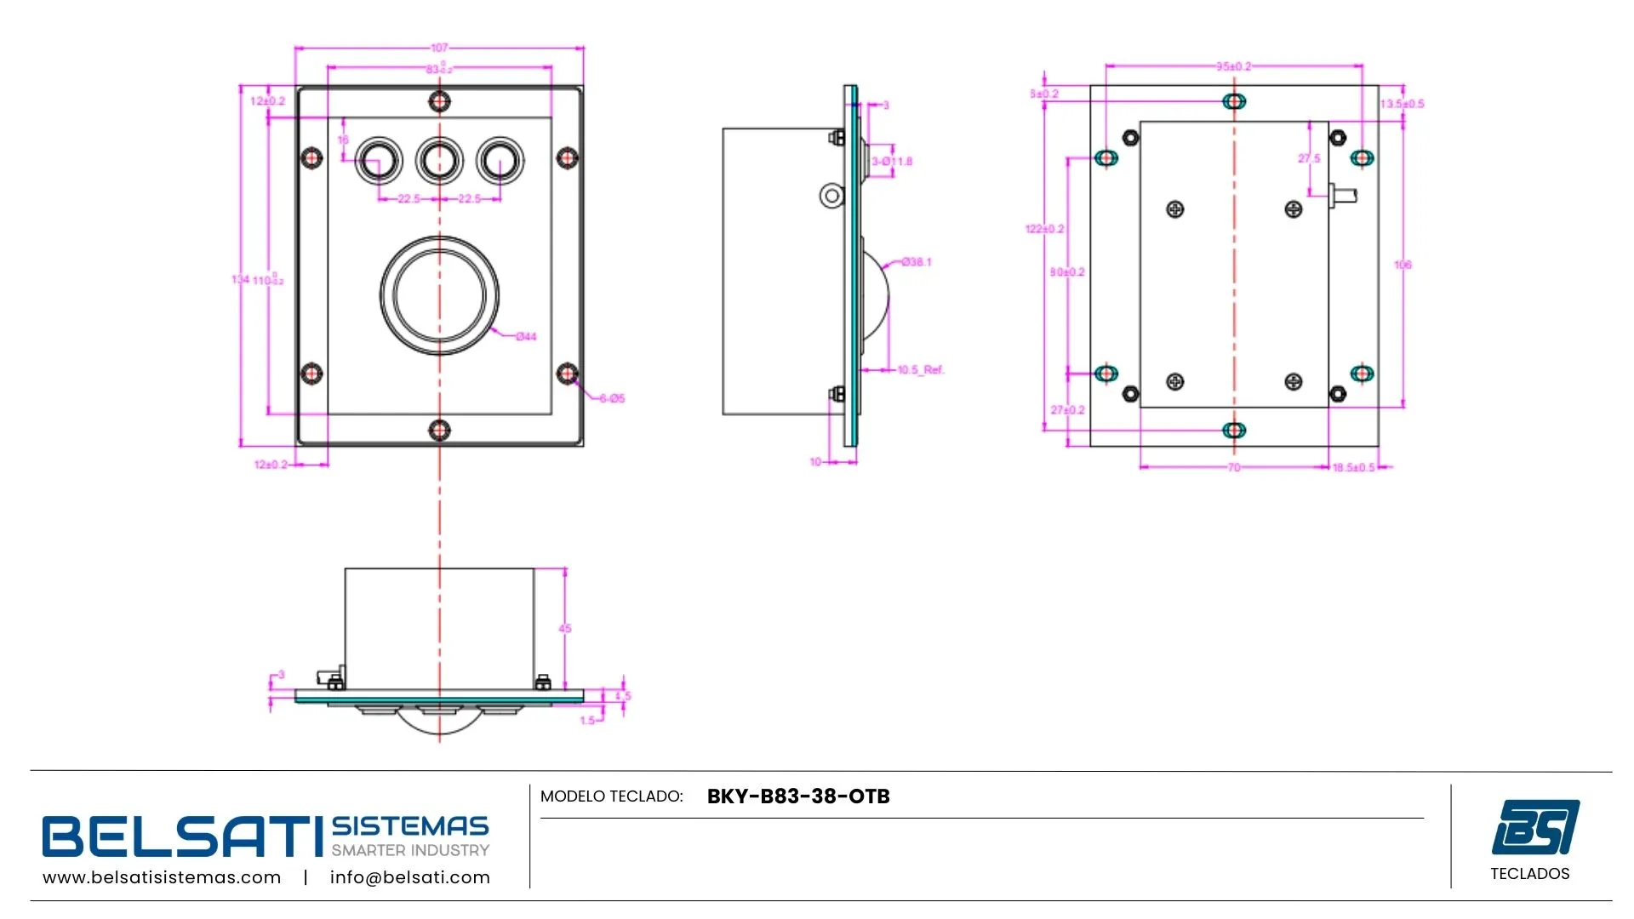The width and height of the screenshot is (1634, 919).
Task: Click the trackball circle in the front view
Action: [x=439, y=295]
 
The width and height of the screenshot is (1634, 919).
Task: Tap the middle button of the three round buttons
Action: [x=439, y=160]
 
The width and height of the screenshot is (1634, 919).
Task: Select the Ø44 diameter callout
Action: [x=527, y=336]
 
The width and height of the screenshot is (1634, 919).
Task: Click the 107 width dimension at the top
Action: [x=439, y=48]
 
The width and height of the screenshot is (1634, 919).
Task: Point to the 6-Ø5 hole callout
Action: [x=612, y=398]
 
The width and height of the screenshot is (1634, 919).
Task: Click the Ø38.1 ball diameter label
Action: [x=917, y=262]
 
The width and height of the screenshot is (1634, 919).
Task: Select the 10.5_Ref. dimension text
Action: [x=921, y=370]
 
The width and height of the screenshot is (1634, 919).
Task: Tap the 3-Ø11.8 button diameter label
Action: [x=892, y=162]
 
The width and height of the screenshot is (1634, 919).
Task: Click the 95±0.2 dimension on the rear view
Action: [x=1233, y=66]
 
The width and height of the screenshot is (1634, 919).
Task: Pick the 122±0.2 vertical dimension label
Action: [x=1044, y=229]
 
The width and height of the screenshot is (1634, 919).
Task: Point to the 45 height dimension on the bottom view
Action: [x=565, y=629]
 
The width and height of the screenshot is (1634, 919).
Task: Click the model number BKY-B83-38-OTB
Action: [x=798, y=796]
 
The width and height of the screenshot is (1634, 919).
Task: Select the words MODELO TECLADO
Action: [x=611, y=796]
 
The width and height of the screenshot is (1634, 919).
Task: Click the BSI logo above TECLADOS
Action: [x=1535, y=826]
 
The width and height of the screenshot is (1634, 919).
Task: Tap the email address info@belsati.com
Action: [x=409, y=877]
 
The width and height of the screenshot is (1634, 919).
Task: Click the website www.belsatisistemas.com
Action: [x=162, y=877]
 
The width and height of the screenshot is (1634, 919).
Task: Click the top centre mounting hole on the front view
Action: [x=439, y=102]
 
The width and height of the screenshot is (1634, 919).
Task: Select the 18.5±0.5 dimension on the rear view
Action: [x=1353, y=468]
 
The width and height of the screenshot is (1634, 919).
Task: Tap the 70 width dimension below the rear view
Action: [x=1234, y=468]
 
